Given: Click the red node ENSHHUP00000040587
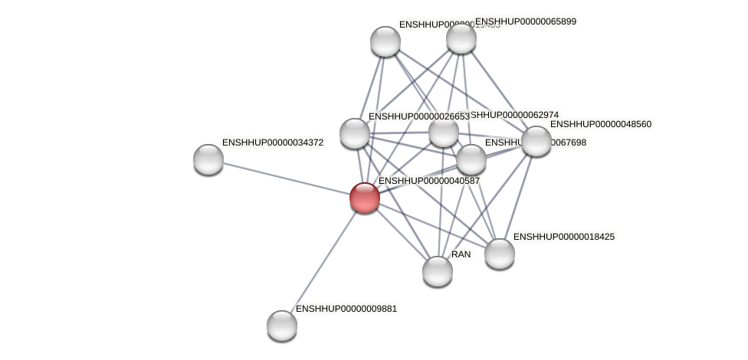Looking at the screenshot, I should click(365, 197).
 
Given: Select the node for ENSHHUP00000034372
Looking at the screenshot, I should click(208, 159).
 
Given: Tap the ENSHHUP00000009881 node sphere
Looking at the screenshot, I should click(282, 326).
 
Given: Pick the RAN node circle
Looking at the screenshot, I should click(438, 271).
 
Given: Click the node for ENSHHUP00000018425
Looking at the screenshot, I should click(500, 254).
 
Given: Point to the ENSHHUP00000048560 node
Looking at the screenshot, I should click(536, 141).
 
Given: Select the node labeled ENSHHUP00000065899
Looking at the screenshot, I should click(461, 38).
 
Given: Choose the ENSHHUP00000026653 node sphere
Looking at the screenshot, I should click(355, 133).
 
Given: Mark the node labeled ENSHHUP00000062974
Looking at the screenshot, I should click(444, 132).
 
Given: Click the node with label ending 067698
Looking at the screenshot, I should click(471, 159).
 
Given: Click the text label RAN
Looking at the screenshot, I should click(461, 254).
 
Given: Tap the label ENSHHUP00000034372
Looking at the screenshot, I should click(273, 142).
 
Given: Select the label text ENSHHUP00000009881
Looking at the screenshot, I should click(346, 309).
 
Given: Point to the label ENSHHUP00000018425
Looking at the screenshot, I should click(564, 237).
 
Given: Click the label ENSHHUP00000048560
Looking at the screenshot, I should click(601, 124).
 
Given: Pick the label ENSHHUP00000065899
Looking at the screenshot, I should click(526, 21).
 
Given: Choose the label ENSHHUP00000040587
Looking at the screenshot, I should click(429, 181).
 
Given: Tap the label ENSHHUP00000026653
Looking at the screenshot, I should click(418, 116).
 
